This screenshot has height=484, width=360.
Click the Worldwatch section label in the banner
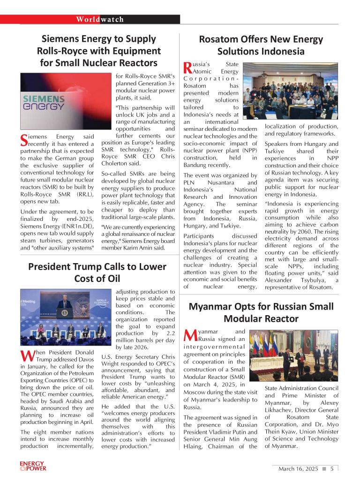(100, 19)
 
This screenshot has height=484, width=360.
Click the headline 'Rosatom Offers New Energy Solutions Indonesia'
(261, 45)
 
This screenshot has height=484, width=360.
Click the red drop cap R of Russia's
(187, 68)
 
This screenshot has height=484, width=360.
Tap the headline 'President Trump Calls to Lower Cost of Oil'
(97, 272)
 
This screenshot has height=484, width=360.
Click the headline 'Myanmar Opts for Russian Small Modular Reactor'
(261, 312)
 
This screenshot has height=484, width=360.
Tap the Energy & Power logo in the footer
(33, 466)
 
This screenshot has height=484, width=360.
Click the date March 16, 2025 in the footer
(298, 469)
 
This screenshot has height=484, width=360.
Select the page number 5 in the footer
(332, 469)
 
